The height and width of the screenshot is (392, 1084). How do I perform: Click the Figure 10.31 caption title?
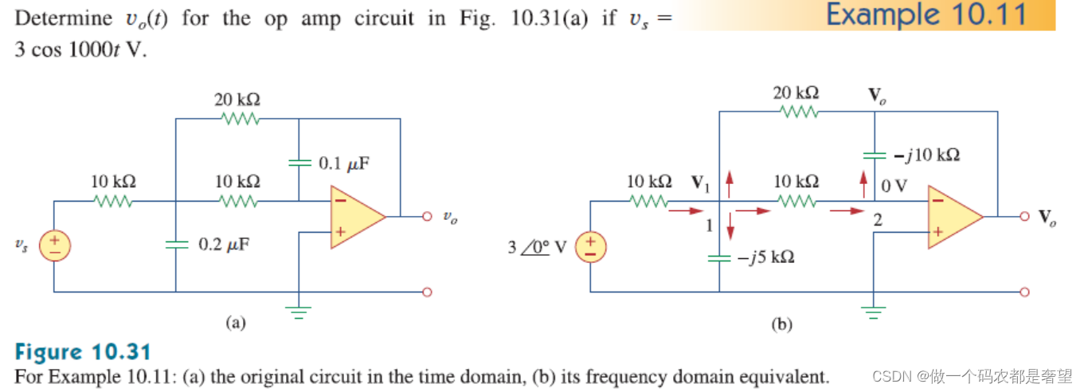point(83,352)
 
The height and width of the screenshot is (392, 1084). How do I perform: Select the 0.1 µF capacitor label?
point(344,164)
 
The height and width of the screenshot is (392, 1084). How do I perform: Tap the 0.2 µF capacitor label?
point(223,244)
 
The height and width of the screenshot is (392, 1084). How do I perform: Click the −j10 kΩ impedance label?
point(926,155)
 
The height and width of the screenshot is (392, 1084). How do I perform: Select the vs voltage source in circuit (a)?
point(54,245)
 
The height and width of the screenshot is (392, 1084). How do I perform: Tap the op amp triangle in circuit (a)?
point(355,216)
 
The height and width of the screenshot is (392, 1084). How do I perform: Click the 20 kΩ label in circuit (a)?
point(237,100)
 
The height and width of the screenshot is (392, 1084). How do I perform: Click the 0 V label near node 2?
point(894,186)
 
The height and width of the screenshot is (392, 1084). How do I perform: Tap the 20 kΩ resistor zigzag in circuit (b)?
point(796,112)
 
